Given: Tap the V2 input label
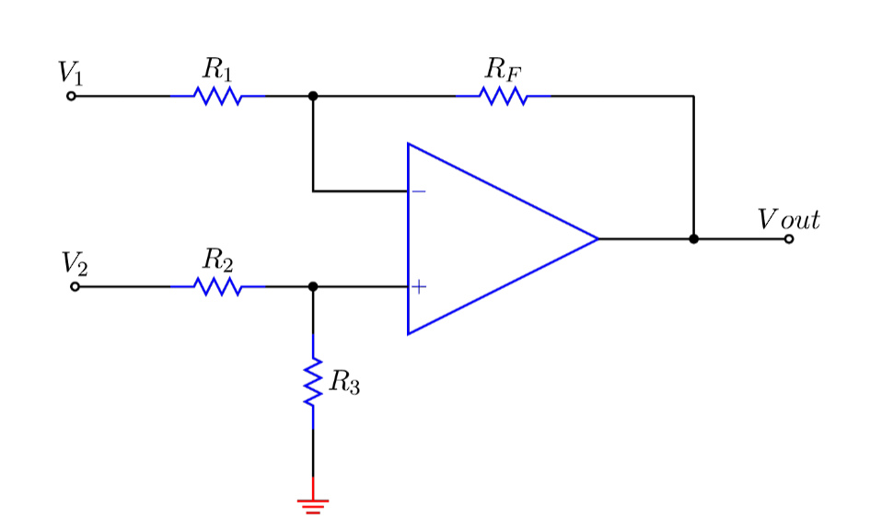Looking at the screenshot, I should tap(75, 264).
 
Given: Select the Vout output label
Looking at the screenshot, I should tap(788, 220).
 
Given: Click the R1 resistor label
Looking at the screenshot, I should tap(218, 69).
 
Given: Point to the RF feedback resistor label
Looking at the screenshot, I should tap(504, 69).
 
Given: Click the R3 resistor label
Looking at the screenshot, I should tap(344, 383).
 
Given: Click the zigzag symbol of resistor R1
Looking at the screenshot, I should tap(218, 96).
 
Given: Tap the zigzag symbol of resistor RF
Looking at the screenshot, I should tap(504, 96).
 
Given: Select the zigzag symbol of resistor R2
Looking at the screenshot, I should tap(218, 287).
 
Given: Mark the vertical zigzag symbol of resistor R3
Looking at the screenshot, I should tap(313, 382).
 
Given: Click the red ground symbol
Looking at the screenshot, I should tap(313, 504).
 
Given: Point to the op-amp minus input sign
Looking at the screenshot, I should tap(418, 191).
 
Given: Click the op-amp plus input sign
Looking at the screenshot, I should tap(419, 287).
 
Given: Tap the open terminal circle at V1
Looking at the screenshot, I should tap(71, 96).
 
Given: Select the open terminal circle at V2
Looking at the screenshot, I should tap(75, 287).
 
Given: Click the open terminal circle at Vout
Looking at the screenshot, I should tap(789, 239).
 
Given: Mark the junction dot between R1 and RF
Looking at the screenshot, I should tap(313, 96).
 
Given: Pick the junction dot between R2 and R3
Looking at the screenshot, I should tap(313, 287).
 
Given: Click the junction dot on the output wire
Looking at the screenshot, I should tap(693, 239).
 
